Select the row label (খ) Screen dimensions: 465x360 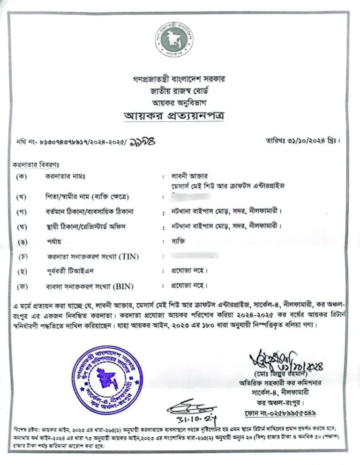coord(21,195)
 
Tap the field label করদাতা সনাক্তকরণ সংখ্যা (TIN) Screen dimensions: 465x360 coord(92,257)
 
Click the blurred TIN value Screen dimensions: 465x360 coord(195,256)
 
